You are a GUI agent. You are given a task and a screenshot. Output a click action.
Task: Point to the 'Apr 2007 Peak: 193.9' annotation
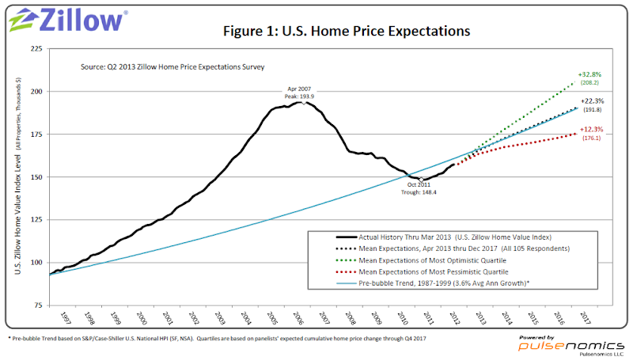pyautogui.click(x=304, y=90)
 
